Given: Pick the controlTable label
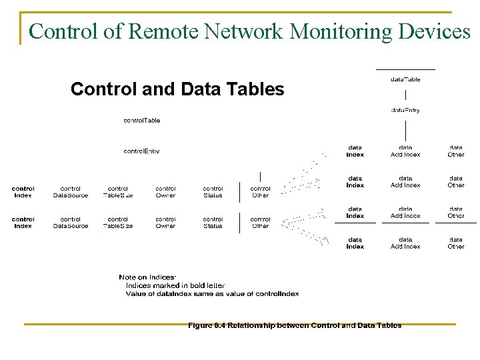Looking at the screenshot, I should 141,121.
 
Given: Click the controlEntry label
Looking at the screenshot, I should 141,151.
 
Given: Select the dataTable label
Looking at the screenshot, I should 405,79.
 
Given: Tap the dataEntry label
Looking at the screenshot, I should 405,110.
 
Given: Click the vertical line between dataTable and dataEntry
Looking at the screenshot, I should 405,95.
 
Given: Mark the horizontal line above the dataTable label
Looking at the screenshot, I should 405,69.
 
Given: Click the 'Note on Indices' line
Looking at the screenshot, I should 147,277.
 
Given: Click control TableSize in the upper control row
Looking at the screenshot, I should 118,192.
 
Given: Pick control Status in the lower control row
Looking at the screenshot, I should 213,223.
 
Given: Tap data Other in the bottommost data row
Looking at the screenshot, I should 456,243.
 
